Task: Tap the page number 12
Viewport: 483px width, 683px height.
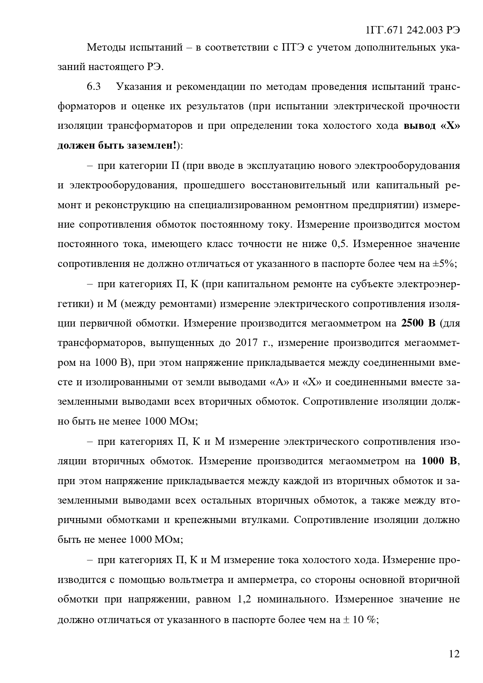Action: pyautogui.click(x=454, y=653)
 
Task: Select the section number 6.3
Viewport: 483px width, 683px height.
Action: pyautogui.click(x=94, y=86)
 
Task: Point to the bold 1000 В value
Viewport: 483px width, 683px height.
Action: pyautogui.click(x=439, y=461)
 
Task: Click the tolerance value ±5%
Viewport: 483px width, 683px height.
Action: pyautogui.click(x=444, y=263)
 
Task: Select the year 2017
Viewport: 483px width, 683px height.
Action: pyautogui.click(x=246, y=343)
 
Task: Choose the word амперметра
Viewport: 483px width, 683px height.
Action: pyautogui.click(x=264, y=579)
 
